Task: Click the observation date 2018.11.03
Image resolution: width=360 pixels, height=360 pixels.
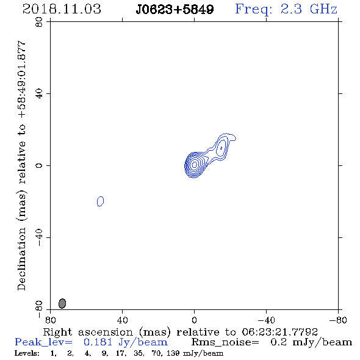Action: point(62,9)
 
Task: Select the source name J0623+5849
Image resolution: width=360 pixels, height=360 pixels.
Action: point(175,9)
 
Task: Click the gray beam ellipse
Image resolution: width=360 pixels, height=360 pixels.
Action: point(62,303)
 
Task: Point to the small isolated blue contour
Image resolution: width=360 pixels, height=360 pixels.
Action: point(100,201)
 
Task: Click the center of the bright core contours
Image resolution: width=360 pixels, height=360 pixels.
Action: point(194,165)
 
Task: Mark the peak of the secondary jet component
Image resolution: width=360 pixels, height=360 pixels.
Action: point(221,148)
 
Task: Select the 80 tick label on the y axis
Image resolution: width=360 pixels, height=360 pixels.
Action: point(39,22)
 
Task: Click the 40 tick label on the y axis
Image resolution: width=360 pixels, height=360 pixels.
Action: point(39,94)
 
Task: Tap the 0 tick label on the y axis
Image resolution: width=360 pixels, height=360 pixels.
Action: point(39,165)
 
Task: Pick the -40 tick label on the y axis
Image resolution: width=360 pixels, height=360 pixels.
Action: point(39,237)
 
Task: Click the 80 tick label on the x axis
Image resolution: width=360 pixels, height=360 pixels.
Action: point(50,320)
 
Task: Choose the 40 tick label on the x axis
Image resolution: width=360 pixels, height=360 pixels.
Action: point(122,320)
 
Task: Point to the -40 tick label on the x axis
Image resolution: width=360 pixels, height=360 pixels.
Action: point(266,320)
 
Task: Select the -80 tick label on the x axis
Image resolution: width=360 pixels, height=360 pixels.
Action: point(338,320)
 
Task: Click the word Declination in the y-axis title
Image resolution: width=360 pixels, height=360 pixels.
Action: point(21,259)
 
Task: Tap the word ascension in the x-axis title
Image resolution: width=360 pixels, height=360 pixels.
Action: point(106,332)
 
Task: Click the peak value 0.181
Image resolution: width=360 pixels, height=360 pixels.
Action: point(98,342)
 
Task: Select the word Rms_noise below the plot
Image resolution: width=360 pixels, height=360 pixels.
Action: point(225,342)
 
